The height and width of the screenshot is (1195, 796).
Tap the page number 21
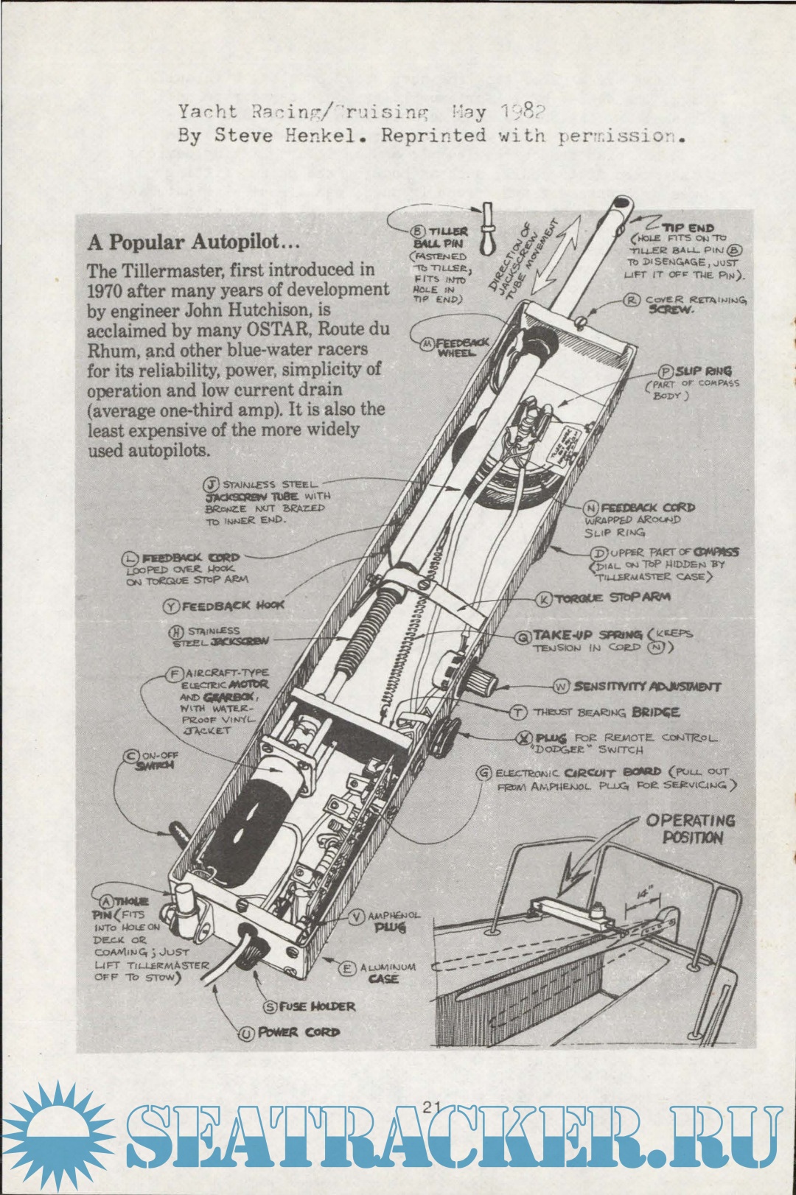[x=432, y=1106]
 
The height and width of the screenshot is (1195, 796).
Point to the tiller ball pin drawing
[x=487, y=228]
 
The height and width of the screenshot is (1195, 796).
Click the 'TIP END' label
[x=688, y=228]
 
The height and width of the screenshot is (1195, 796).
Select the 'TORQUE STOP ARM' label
[x=612, y=598]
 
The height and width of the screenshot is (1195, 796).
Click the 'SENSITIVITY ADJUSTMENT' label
[x=647, y=687]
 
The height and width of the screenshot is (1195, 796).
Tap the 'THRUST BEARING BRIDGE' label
[x=606, y=712]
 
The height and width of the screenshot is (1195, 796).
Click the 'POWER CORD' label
[x=298, y=1032]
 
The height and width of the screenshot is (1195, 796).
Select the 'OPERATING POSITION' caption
[x=691, y=829]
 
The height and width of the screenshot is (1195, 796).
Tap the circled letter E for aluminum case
[x=346, y=968]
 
